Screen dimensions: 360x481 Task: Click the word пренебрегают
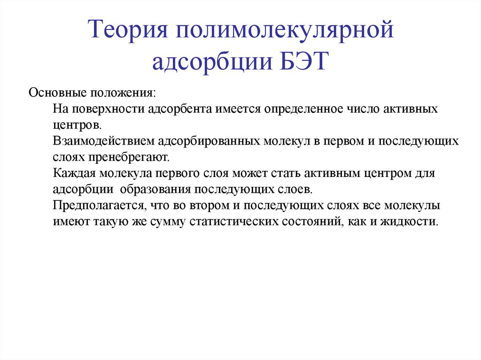124,157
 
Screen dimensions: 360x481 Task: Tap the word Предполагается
99,205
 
